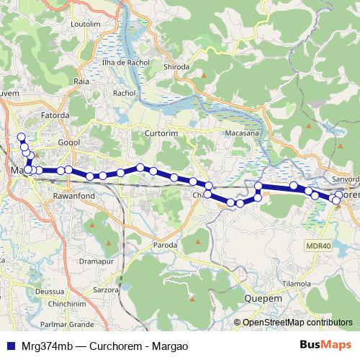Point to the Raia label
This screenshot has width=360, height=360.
[81, 81]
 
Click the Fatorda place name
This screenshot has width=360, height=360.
[55, 114]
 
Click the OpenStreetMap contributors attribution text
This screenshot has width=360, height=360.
[297, 323]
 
